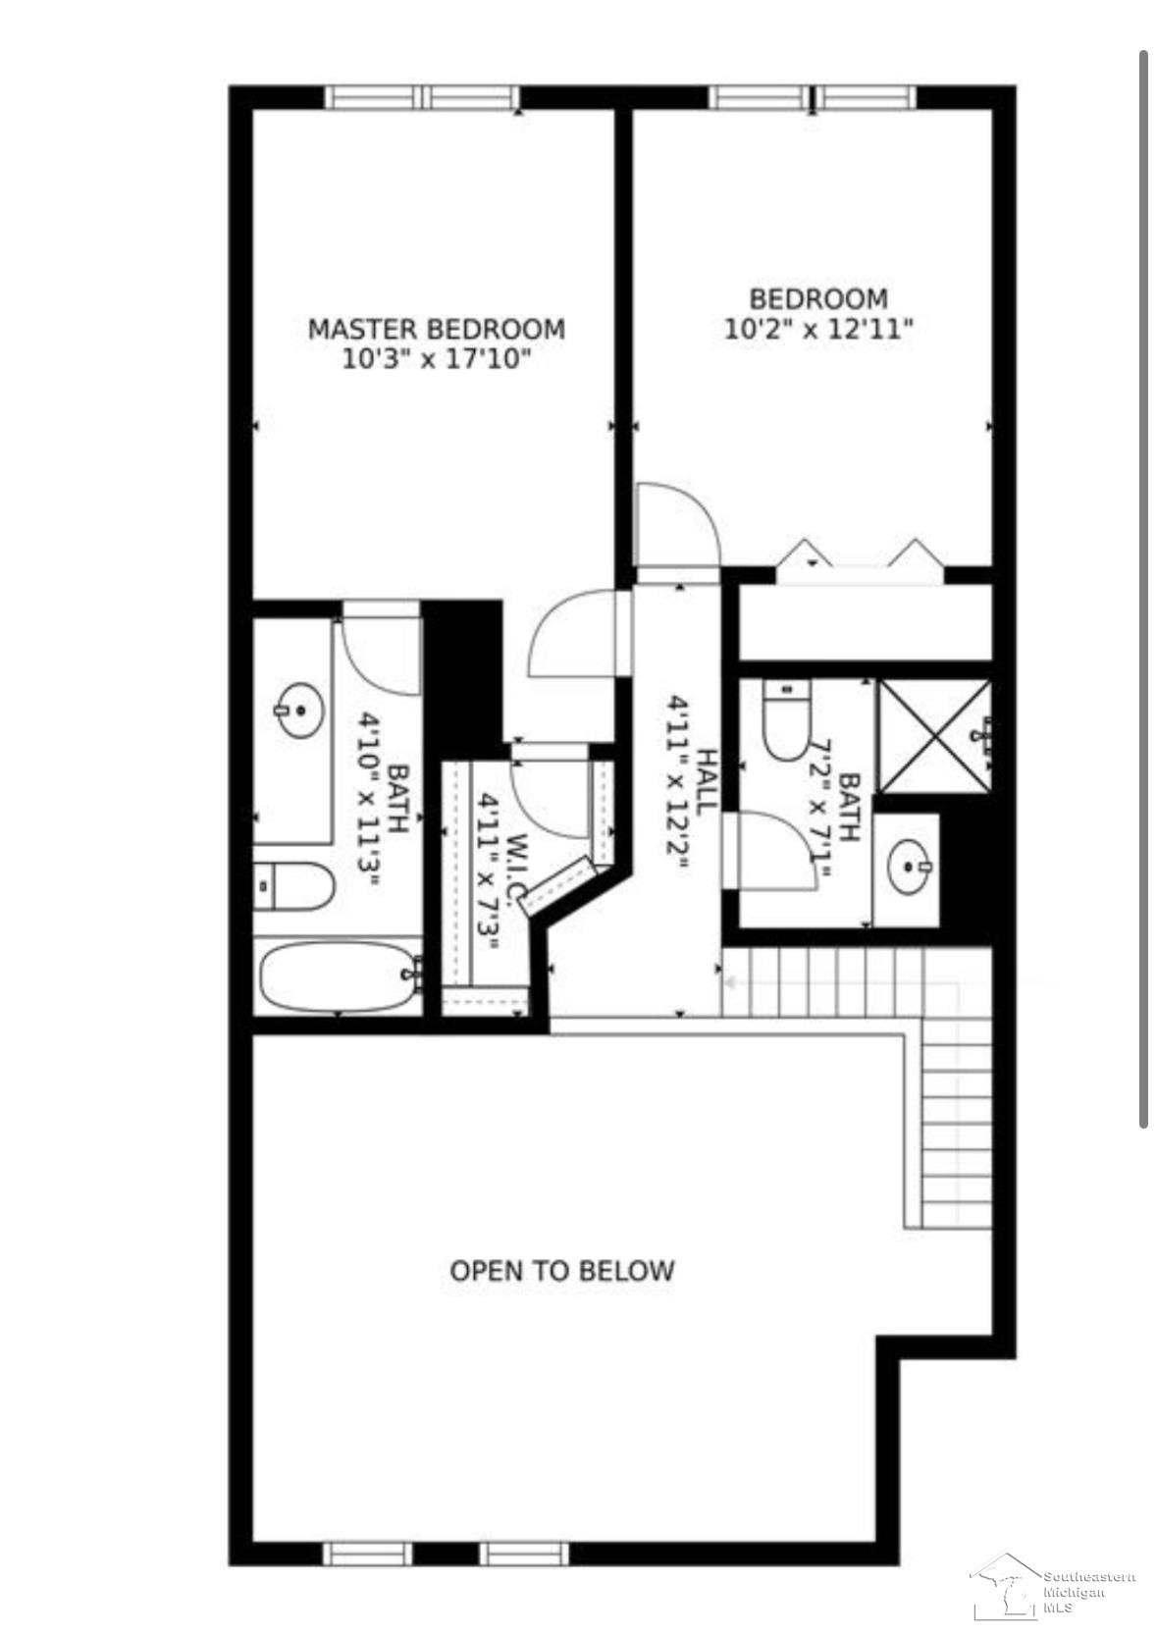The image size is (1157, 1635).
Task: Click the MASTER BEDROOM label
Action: click(x=436, y=329)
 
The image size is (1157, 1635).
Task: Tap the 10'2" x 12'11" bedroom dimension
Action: click(x=818, y=329)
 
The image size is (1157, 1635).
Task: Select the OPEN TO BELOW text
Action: click(x=561, y=1271)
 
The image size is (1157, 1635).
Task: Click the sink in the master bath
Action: click(x=299, y=710)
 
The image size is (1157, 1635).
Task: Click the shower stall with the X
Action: click(x=933, y=735)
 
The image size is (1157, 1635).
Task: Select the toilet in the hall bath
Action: click(x=785, y=719)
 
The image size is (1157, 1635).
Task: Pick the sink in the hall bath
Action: click(x=910, y=867)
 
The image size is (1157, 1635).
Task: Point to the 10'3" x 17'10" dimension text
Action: click(x=436, y=359)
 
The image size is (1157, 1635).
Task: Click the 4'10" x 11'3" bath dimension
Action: click(x=370, y=799)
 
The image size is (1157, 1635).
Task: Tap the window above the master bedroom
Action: click(x=422, y=97)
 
